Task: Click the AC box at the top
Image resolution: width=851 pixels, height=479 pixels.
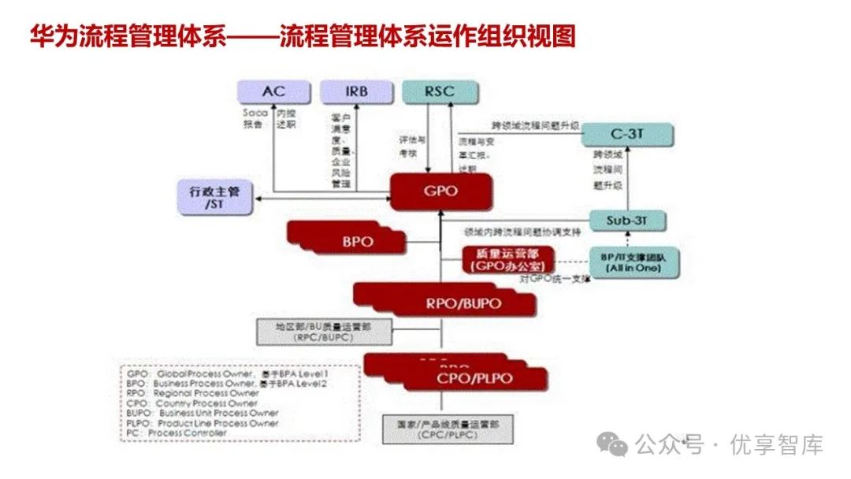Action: point(273,91)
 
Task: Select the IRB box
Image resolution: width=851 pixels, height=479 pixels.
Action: point(356,91)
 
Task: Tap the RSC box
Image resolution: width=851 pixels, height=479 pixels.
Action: point(439,91)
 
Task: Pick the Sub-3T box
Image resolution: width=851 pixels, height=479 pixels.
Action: point(628,220)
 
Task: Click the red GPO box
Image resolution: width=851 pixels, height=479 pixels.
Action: point(440,191)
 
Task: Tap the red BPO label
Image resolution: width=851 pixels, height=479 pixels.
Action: point(357,241)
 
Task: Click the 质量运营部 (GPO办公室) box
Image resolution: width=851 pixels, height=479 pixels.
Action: point(508,260)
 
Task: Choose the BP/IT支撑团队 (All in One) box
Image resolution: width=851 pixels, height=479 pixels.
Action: point(634,262)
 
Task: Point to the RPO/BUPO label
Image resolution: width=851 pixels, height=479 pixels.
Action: point(463,303)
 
